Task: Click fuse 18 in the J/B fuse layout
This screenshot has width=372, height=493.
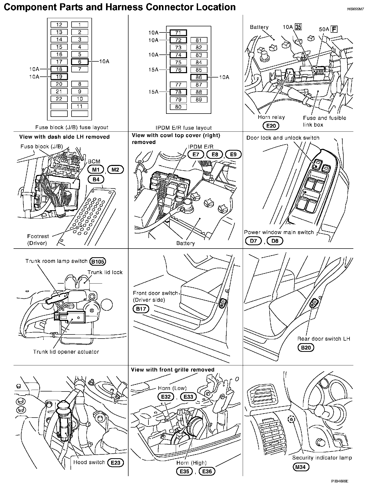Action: pyautogui.click(x=59, y=69)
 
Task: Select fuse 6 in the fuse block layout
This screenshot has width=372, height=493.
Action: pyautogui.click(x=80, y=62)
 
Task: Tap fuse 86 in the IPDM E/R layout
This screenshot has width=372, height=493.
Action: pyautogui.click(x=199, y=77)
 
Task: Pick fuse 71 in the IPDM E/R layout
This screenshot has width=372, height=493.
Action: pyautogui.click(x=178, y=33)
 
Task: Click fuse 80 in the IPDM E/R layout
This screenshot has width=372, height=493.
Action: pyautogui.click(x=178, y=107)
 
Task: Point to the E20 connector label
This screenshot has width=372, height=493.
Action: pyautogui.click(x=271, y=126)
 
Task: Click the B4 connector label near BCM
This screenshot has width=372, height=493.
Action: pyautogui.click(x=96, y=180)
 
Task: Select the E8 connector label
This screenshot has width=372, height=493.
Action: pyautogui.click(x=215, y=154)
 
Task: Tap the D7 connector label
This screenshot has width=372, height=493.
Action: pyautogui.click(x=253, y=241)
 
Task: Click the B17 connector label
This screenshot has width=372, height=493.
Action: pyautogui.click(x=141, y=309)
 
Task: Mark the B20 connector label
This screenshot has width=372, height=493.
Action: pyautogui.click(x=306, y=348)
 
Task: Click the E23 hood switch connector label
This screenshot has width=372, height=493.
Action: pyautogui.click(x=115, y=462)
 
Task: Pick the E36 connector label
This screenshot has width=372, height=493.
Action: pyautogui.click(x=207, y=471)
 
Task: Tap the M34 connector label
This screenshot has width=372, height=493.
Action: pyautogui.click(x=300, y=467)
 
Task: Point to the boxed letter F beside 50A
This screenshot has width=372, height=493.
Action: pyautogui.click(x=334, y=29)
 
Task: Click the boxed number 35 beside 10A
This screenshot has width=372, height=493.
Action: pyautogui.click(x=298, y=27)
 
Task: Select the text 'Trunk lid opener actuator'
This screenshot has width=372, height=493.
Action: pyautogui.click(x=66, y=352)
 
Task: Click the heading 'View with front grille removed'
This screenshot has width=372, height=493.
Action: pyautogui.click(x=173, y=370)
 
